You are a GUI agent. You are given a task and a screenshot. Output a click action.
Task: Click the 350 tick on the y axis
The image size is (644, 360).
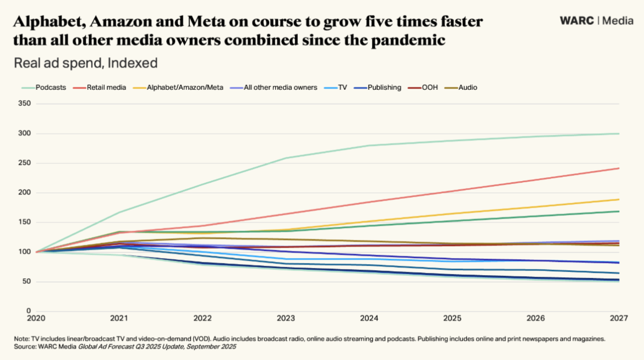pos(24,103)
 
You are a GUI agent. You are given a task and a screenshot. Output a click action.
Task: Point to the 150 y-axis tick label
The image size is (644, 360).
pos(24,222)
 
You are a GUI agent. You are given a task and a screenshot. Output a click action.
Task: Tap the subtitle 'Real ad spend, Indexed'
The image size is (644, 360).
pos(85,63)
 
